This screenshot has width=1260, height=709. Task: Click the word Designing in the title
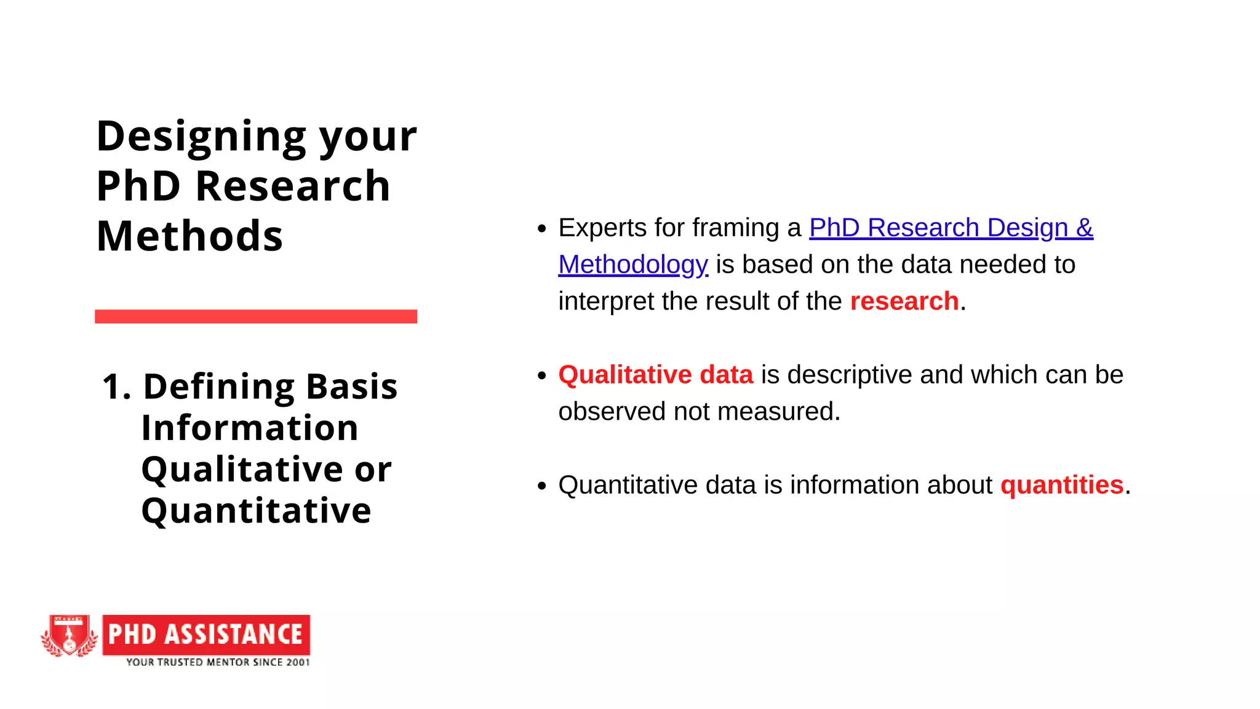pos(201,137)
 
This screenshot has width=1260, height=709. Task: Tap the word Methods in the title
pos(189,236)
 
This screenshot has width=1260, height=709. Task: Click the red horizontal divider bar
pos(256,316)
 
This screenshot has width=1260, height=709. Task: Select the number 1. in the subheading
pos(116,387)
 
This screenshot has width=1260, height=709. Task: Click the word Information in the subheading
pos(250,428)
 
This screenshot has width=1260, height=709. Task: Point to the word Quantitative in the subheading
pos(256,511)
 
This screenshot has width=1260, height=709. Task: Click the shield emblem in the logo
pos(70,636)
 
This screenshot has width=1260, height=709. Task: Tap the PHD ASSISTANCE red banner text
pos(206,635)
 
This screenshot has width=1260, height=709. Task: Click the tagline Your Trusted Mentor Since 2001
pos(218,662)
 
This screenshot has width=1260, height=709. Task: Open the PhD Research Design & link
pos(951,228)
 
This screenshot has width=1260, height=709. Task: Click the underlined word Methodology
pos(633,265)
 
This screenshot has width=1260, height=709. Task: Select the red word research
pos(904,302)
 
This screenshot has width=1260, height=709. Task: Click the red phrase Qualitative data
pos(655,375)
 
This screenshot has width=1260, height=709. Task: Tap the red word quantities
pos(1061,485)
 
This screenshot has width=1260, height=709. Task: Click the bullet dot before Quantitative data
pos(541,486)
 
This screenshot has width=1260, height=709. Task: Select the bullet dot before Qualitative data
pos(541,375)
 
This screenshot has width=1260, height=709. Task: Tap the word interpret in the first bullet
pos(605,302)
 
